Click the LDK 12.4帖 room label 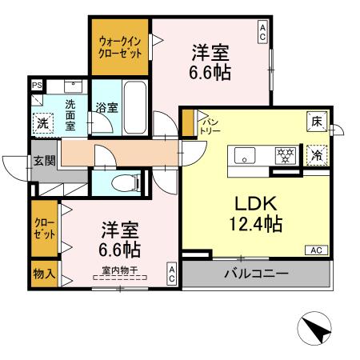click(x=257, y=213)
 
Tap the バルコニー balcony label click(x=255, y=274)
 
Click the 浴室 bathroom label click(x=106, y=106)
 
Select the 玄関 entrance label click(x=44, y=160)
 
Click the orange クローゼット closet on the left click(x=44, y=228)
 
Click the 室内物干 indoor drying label click(x=119, y=270)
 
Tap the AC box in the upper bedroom click(x=262, y=31)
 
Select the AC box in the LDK click(x=316, y=251)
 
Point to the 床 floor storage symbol click(x=317, y=122)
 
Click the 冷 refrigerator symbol click(x=318, y=155)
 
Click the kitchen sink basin click(x=245, y=154)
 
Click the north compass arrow click(x=314, y=330)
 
